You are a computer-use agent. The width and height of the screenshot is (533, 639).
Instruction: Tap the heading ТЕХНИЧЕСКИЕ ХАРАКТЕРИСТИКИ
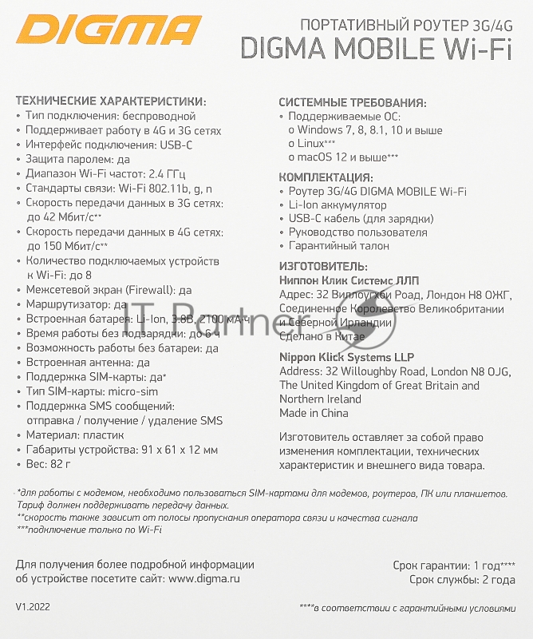pos(110,101)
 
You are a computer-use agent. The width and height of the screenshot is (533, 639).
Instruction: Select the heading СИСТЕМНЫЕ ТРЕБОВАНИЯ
pos(352,102)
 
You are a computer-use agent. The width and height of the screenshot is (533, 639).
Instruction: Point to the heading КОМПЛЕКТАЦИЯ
pos(325,177)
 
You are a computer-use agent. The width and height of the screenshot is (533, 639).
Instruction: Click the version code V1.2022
pos(33,608)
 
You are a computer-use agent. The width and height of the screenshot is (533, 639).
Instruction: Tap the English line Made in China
pos(314,414)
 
